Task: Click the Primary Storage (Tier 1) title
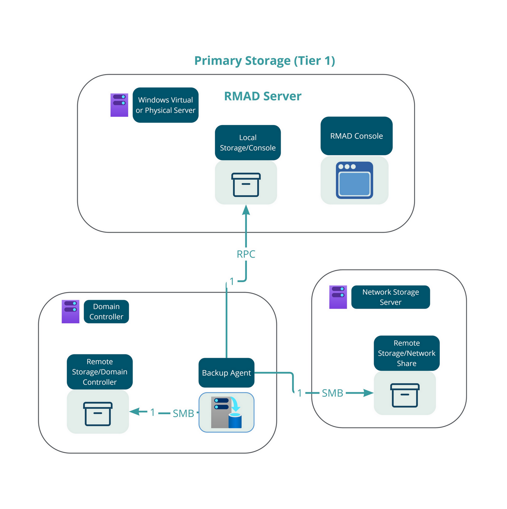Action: coord(265,61)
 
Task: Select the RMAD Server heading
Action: coord(262,96)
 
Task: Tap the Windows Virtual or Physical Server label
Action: coord(165,105)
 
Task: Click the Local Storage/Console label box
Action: coord(248,143)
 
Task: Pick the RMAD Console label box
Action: coord(356,136)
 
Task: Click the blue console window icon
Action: coord(354,180)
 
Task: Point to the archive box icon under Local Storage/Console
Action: coord(246,185)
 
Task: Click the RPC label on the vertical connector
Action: coord(246,254)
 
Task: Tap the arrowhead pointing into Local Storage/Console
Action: coord(246,210)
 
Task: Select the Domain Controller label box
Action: coord(106,312)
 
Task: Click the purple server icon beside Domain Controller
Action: coord(71,311)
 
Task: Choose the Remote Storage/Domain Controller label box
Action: coord(100,372)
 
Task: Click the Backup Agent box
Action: coord(226,373)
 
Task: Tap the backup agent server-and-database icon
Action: coord(226,412)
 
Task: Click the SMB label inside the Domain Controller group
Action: coord(183,413)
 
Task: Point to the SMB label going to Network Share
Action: coord(332,393)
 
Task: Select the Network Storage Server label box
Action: coord(391,297)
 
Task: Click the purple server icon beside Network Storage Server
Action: coord(338,297)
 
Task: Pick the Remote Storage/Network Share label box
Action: coord(406,353)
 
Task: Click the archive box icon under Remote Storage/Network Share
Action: coord(405,395)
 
